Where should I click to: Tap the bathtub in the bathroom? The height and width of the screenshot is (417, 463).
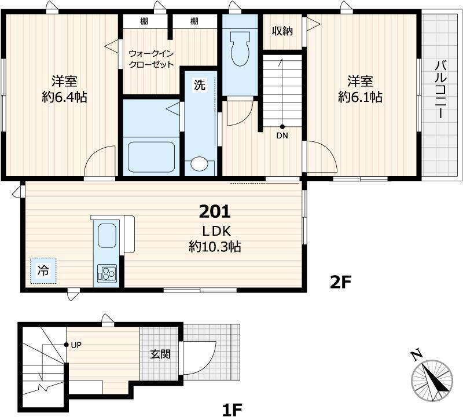pyautogui.click(x=151, y=157)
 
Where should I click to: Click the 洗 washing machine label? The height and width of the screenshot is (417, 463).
pyautogui.click(x=200, y=85)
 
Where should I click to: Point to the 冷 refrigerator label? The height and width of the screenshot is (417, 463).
pyautogui.click(x=43, y=270)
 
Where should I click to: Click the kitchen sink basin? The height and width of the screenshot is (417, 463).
pyautogui.click(x=107, y=235)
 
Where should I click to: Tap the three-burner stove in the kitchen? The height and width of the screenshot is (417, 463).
pyautogui.click(x=107, y=273)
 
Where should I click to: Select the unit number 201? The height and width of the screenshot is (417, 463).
pyautogui.click(x=215, y=211)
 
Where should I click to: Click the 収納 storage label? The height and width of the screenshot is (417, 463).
pyautogui.click(x=282, y=31)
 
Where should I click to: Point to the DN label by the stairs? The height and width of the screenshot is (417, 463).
pyautogui.click(x=282, y=136)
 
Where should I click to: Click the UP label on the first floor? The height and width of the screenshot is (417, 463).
pyautogui.click(x=76, y=345)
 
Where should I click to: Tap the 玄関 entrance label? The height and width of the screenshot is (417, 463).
pyautogui.click(x=161, y=354)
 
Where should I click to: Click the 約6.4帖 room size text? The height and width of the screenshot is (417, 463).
pyautogui.click(x=64, y=97)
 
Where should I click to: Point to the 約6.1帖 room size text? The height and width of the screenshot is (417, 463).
pyautogui.click(x=360, y=97)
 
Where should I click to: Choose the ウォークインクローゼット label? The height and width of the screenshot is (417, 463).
pyautogui.click(x=152, y=59)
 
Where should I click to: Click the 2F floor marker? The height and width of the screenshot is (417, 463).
pyautogui.click(x=340, y=283)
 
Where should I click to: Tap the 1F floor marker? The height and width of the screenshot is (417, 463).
pyautogui.click(x=232, y=409)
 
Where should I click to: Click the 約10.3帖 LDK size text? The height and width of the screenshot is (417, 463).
pyautogui.click(x=215, y=247)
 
